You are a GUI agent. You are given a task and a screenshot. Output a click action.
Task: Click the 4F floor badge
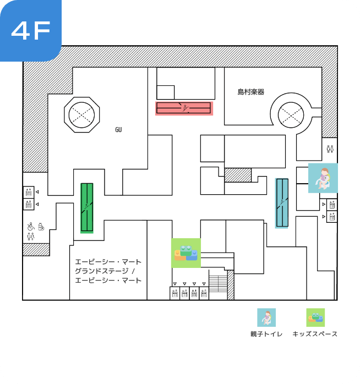[31, 31]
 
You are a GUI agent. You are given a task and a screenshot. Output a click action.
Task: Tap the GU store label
[118, 130]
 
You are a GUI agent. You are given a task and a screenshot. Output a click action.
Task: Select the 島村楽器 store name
[251, 92]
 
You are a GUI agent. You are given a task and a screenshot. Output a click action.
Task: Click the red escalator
[184, 108]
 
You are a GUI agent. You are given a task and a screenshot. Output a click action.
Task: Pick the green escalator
[87, 207]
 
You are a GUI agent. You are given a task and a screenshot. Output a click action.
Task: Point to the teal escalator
[282, 202]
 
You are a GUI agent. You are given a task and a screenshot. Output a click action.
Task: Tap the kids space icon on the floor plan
[186, 253]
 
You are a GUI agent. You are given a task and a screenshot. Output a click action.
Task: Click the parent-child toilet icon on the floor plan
[323, 178]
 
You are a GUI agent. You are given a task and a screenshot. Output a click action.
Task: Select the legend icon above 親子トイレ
[266, 317]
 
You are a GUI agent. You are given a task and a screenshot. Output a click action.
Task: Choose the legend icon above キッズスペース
[315, 317]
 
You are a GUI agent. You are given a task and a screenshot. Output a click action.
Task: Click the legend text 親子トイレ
[266, 334]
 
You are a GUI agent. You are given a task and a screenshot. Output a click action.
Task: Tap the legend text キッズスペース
[315, 334]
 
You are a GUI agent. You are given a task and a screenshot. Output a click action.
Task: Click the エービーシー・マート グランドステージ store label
[108, 271]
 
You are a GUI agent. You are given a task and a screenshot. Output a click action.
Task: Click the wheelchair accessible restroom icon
[30, 226]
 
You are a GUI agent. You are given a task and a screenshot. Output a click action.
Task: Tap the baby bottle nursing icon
[41, 226]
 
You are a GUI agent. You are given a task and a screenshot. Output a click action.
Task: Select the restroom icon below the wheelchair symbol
[30, 237]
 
